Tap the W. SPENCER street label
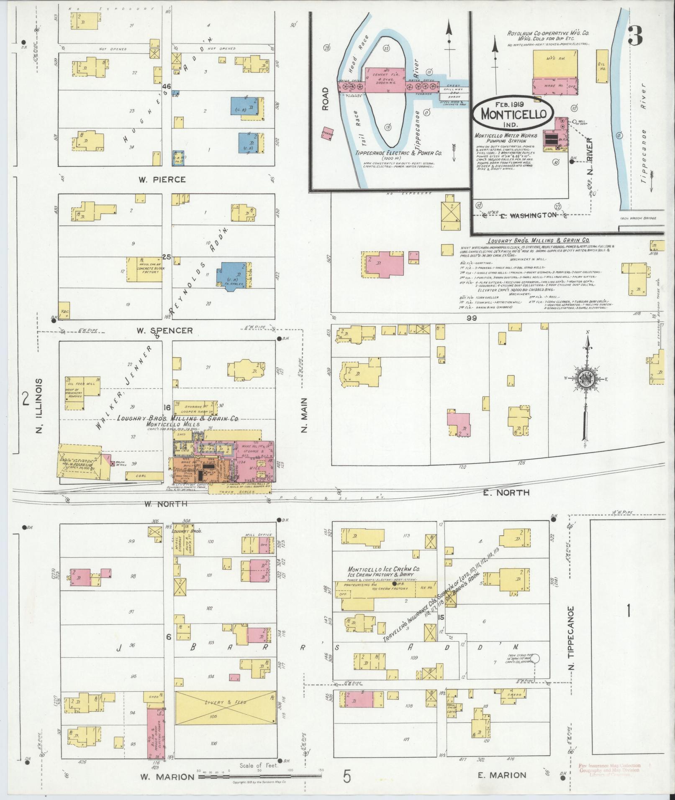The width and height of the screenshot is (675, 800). pos(164,330)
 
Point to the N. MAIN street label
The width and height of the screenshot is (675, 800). pos(304,415)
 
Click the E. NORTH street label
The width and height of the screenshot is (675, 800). pos(506,493)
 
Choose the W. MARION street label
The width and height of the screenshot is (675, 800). pos(167,777)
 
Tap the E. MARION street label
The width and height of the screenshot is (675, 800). pos(502,775)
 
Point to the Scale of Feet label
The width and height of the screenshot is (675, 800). pos(257,766)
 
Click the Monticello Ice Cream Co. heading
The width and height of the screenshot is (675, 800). pos(384,569)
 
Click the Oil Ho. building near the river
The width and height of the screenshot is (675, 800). pos(602,66)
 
